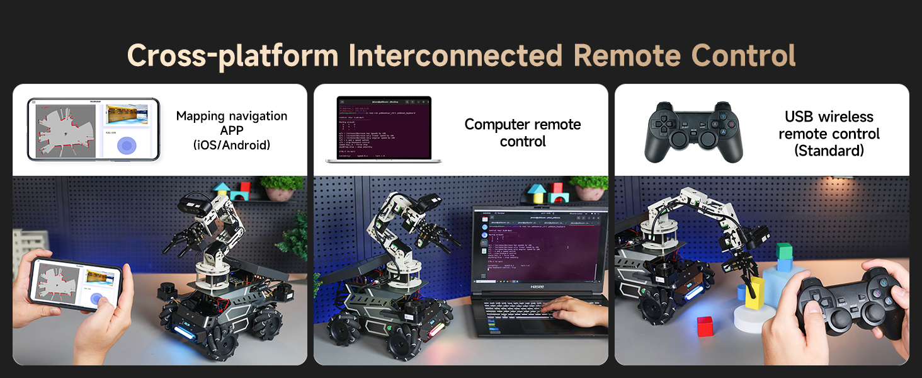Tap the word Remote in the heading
(628, 55)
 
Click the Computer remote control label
(523, 133)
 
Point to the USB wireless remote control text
(829, 134)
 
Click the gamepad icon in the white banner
(693, 132)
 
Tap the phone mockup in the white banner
(93, 129)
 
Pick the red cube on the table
(705, 326)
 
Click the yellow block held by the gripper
(754, 292)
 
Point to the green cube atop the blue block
(783, 251)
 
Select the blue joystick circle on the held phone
(96, 299)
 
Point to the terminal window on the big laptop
(538, 252)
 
